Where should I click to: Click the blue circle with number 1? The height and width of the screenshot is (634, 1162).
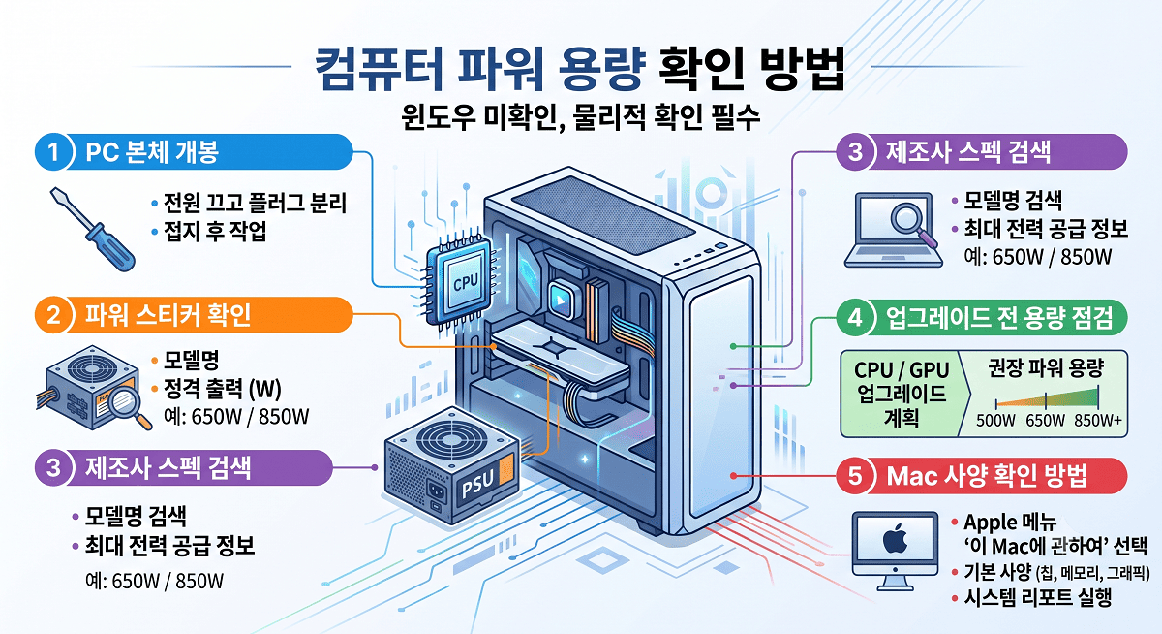point(53,152)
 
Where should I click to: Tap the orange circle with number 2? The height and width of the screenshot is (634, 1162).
point(53,315)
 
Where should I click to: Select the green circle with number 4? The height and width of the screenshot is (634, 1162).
point(854,317)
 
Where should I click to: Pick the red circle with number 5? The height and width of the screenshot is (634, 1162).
point(854,476)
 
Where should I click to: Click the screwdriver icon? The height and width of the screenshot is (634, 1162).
point(92,229)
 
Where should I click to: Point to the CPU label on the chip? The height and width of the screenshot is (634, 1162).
point(466,283)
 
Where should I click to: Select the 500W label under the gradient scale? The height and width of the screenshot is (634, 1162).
point(995,420)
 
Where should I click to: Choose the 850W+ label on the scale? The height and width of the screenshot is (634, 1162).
point(1098,420)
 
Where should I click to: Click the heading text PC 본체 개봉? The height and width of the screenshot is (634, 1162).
point(152,152)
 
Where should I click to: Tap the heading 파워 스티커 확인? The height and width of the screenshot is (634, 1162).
point(168,315)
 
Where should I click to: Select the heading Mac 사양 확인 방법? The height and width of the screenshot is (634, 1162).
point(987,476)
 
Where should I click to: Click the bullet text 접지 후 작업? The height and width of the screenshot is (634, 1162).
point(215,231)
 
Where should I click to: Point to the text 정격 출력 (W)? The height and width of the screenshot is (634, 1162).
point(223,389)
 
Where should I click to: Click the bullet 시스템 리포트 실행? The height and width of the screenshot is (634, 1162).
point(1038,597)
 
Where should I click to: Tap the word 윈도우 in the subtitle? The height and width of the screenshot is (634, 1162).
point(439,118)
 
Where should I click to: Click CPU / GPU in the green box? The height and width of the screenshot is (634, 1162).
point(902,370)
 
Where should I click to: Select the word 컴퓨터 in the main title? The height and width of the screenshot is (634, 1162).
point(380,69)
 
